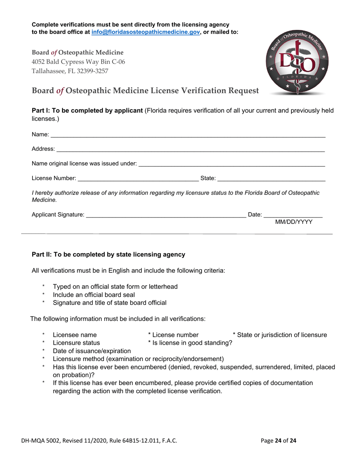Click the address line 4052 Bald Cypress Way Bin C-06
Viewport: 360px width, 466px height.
pyautogui.click(x=78, y=61)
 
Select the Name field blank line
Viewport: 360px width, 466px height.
pyautogui.click(x=188, y=135)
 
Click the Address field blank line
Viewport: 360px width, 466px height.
pyautogui.click(x=190, y=150)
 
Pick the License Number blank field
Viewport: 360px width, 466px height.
pyautogui.click(x=138, y=178)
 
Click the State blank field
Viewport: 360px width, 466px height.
pyautogui.click(x=271, y=178)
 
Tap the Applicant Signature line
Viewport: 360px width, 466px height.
pyautogui.click(x=166, y=215)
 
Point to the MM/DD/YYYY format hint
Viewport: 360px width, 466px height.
pyautogui.click(x=294, y=222)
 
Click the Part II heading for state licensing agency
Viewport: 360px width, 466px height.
pyautogui.click(x=108, y=255)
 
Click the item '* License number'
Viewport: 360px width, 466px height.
pyautogui.click(x=173, y=335)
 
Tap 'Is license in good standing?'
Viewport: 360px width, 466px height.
pyautogui.click(x=190, y=343)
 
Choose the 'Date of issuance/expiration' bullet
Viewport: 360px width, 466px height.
pyautogui.click(x=92, y=351)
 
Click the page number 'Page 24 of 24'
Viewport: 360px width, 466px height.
pyautogui.click(x=279, y=441)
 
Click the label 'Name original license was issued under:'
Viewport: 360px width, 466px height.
pyautogui.click(x=84, y=164)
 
